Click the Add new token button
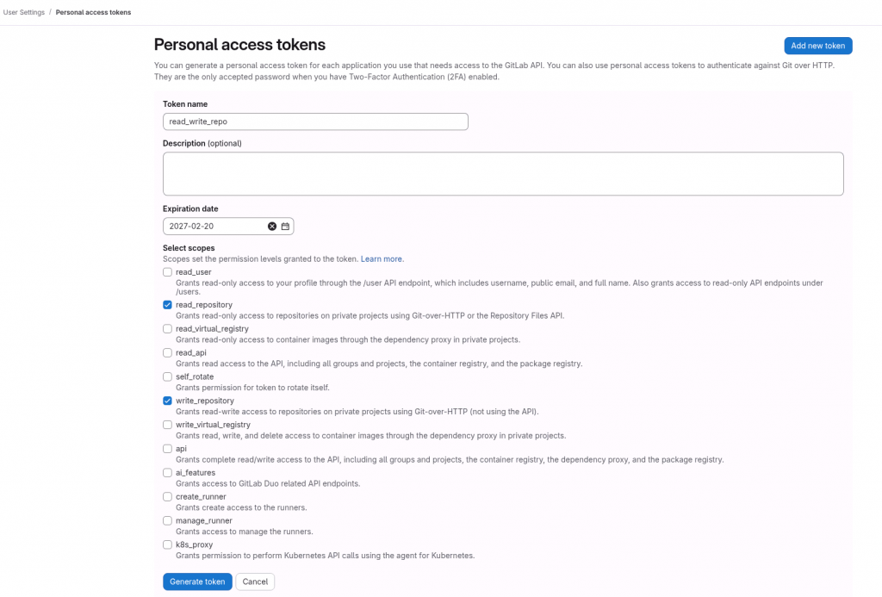coord(817,46)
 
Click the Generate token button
coord(197,581)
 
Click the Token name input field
coord(315,121)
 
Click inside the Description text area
coord(503,174)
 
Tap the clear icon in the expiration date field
coord(272,226)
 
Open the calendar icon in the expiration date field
coord(285,226)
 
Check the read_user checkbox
coord(167,272)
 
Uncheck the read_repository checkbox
coord(167,305)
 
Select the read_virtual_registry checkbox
coord(167,328)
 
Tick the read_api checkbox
coord(167,352)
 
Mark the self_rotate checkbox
coord(167,376)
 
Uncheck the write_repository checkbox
coord(167,401)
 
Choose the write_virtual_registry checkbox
coord(167,425)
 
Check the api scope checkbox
coord(167,449)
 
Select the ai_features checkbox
coord(167,473)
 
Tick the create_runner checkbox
coord(167,497)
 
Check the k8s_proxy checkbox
coord(167,544)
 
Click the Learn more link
coord(382,258)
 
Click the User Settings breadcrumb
coord(24,12)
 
